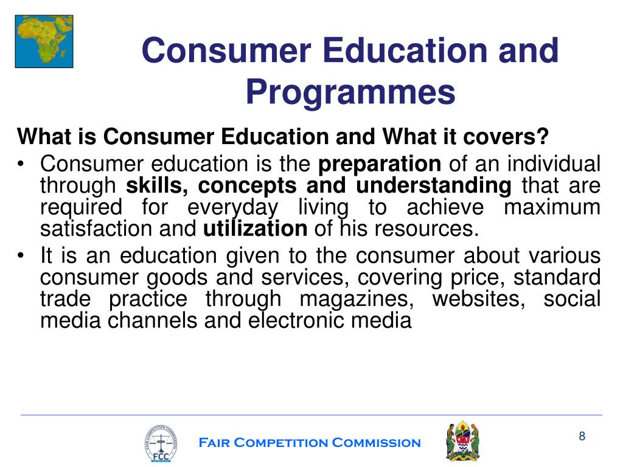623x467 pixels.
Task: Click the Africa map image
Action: [44, 41]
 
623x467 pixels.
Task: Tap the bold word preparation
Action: [380, 164]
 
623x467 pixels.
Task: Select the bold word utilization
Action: [255, 229]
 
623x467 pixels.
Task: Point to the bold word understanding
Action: [434, 185]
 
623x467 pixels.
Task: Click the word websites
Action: [478, 299]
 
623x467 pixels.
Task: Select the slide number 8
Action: [582, 436]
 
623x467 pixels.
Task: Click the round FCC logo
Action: [161, 442]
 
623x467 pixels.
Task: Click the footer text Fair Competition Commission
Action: [310, 443]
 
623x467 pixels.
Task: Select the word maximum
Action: [552, 207]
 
